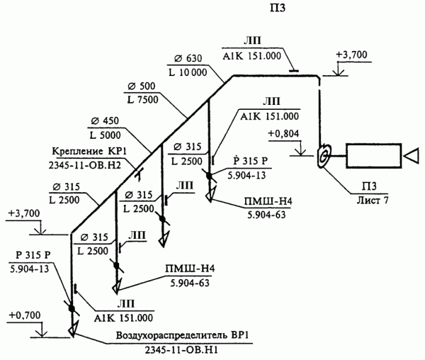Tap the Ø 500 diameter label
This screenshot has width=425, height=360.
[x=141, y=87]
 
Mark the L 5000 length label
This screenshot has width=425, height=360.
[x=104, y=133]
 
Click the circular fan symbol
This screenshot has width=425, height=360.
[x=324, y=154]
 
